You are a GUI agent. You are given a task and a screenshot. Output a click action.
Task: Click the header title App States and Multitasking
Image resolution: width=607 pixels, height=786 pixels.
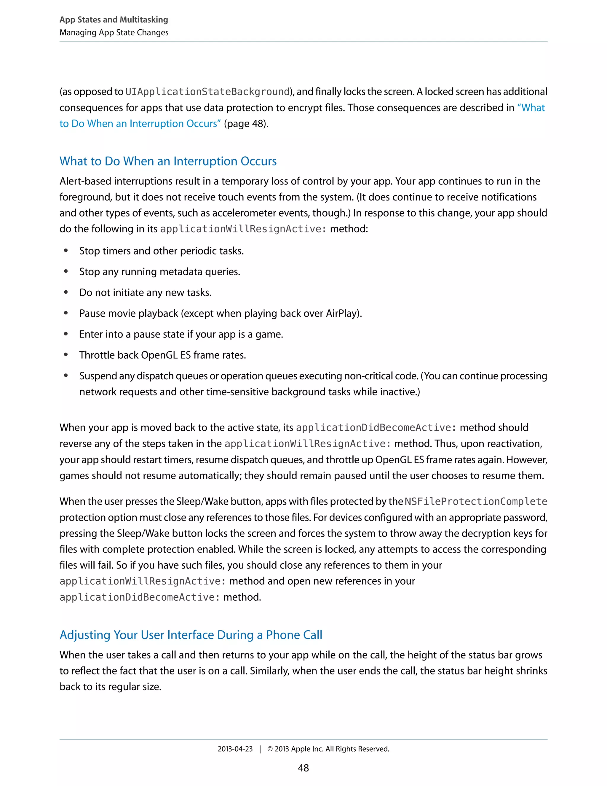(x=114, y=20)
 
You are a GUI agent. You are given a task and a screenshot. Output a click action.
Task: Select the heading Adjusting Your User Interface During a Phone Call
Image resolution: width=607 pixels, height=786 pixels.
(x=191, y=634)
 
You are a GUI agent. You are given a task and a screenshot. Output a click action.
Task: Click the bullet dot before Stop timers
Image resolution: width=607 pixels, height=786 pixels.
(x=66, y=251)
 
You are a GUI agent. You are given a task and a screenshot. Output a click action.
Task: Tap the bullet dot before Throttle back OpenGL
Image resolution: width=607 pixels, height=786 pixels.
(x=66, y=355)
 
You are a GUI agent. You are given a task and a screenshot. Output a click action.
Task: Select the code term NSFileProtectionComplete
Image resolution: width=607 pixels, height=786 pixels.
(x=476, y=501)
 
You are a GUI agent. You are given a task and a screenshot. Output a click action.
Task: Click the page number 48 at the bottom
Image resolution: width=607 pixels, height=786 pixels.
(x=303, y=768)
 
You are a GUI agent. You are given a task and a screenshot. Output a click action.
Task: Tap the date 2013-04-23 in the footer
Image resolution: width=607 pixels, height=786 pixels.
(x=235, y=749)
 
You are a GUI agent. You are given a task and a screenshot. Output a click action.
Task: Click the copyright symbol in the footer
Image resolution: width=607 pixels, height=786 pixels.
(x=270, y=749)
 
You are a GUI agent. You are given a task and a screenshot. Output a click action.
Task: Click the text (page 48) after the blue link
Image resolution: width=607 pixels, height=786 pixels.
(x=246, y=123)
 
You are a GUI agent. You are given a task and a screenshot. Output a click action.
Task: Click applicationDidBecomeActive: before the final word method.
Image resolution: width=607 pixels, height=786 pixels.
(x=140, y=597)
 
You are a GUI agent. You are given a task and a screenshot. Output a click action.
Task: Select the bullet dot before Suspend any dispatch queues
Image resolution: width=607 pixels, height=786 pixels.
(x=66, y=376)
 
